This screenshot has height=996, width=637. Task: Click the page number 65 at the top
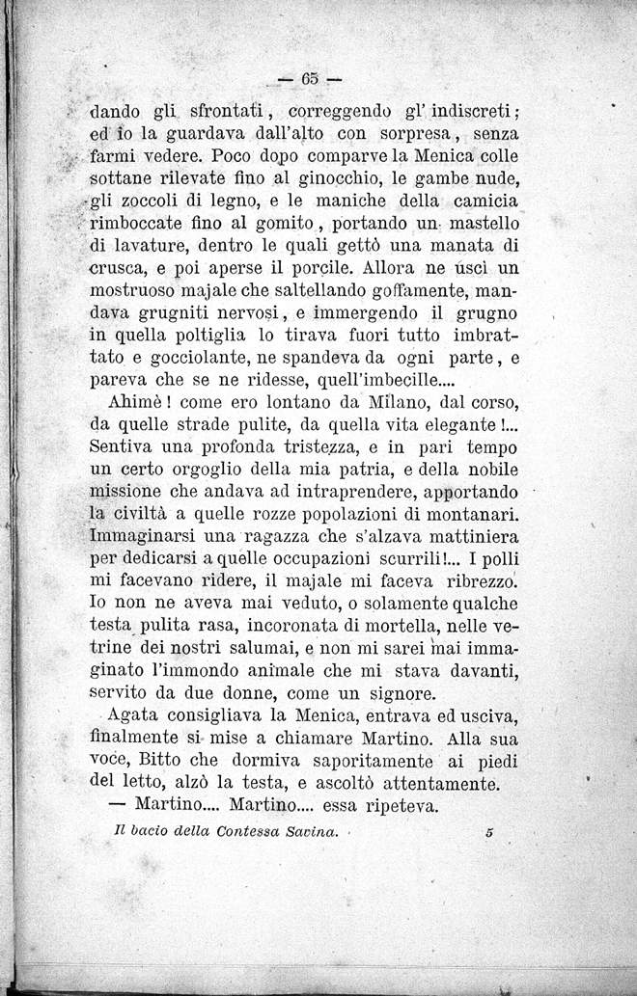coord(310,76)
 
